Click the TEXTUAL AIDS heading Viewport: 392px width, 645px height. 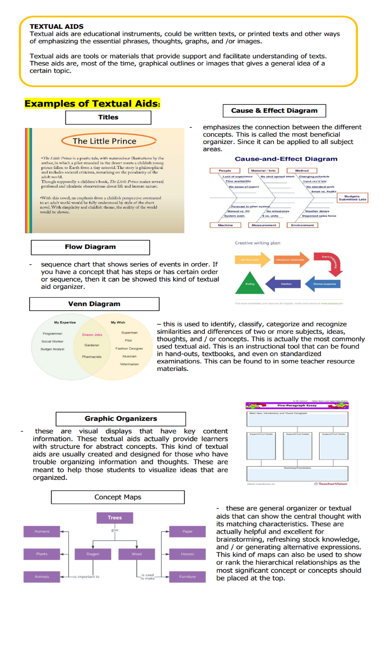57,26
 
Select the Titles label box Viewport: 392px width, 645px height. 108,118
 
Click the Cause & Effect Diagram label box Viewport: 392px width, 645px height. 274,111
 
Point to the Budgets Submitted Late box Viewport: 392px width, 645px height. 352,198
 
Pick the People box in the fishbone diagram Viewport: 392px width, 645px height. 225,170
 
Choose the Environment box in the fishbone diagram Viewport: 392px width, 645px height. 302,225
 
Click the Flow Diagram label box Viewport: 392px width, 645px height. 90,247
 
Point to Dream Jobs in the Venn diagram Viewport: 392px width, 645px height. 92,335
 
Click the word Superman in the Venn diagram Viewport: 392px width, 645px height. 129,333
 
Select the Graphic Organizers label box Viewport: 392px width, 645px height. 121,419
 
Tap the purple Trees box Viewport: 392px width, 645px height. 115,518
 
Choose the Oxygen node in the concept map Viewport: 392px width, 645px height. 93,554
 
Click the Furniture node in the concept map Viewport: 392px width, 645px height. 187,577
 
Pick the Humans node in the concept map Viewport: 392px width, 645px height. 42,531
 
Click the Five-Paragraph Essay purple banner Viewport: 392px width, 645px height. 297,405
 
